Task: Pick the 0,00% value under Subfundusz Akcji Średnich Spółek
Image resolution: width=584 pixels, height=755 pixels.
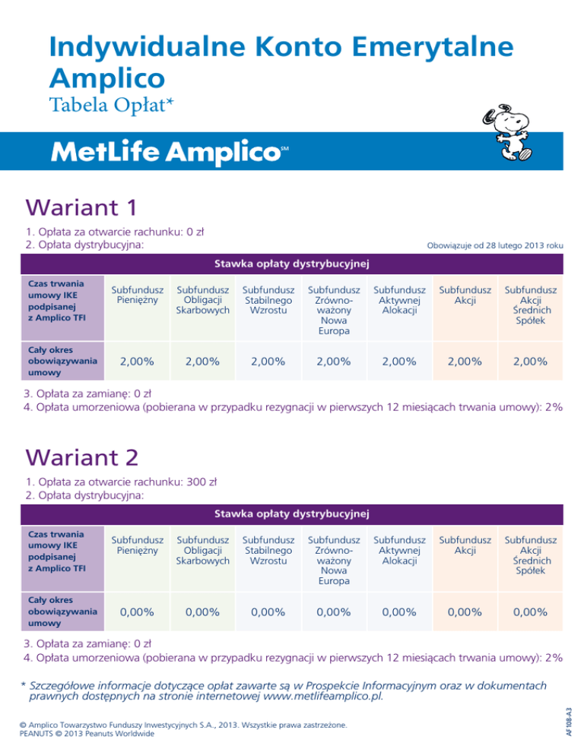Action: tap(532, 612)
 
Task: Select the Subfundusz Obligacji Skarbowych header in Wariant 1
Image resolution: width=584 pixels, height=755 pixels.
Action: tap(202, 299)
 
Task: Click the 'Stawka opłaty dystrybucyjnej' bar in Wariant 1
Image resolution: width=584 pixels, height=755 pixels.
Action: tap(292, 263)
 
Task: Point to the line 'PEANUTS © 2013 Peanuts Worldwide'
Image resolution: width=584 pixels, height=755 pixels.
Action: tap(87, 734)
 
